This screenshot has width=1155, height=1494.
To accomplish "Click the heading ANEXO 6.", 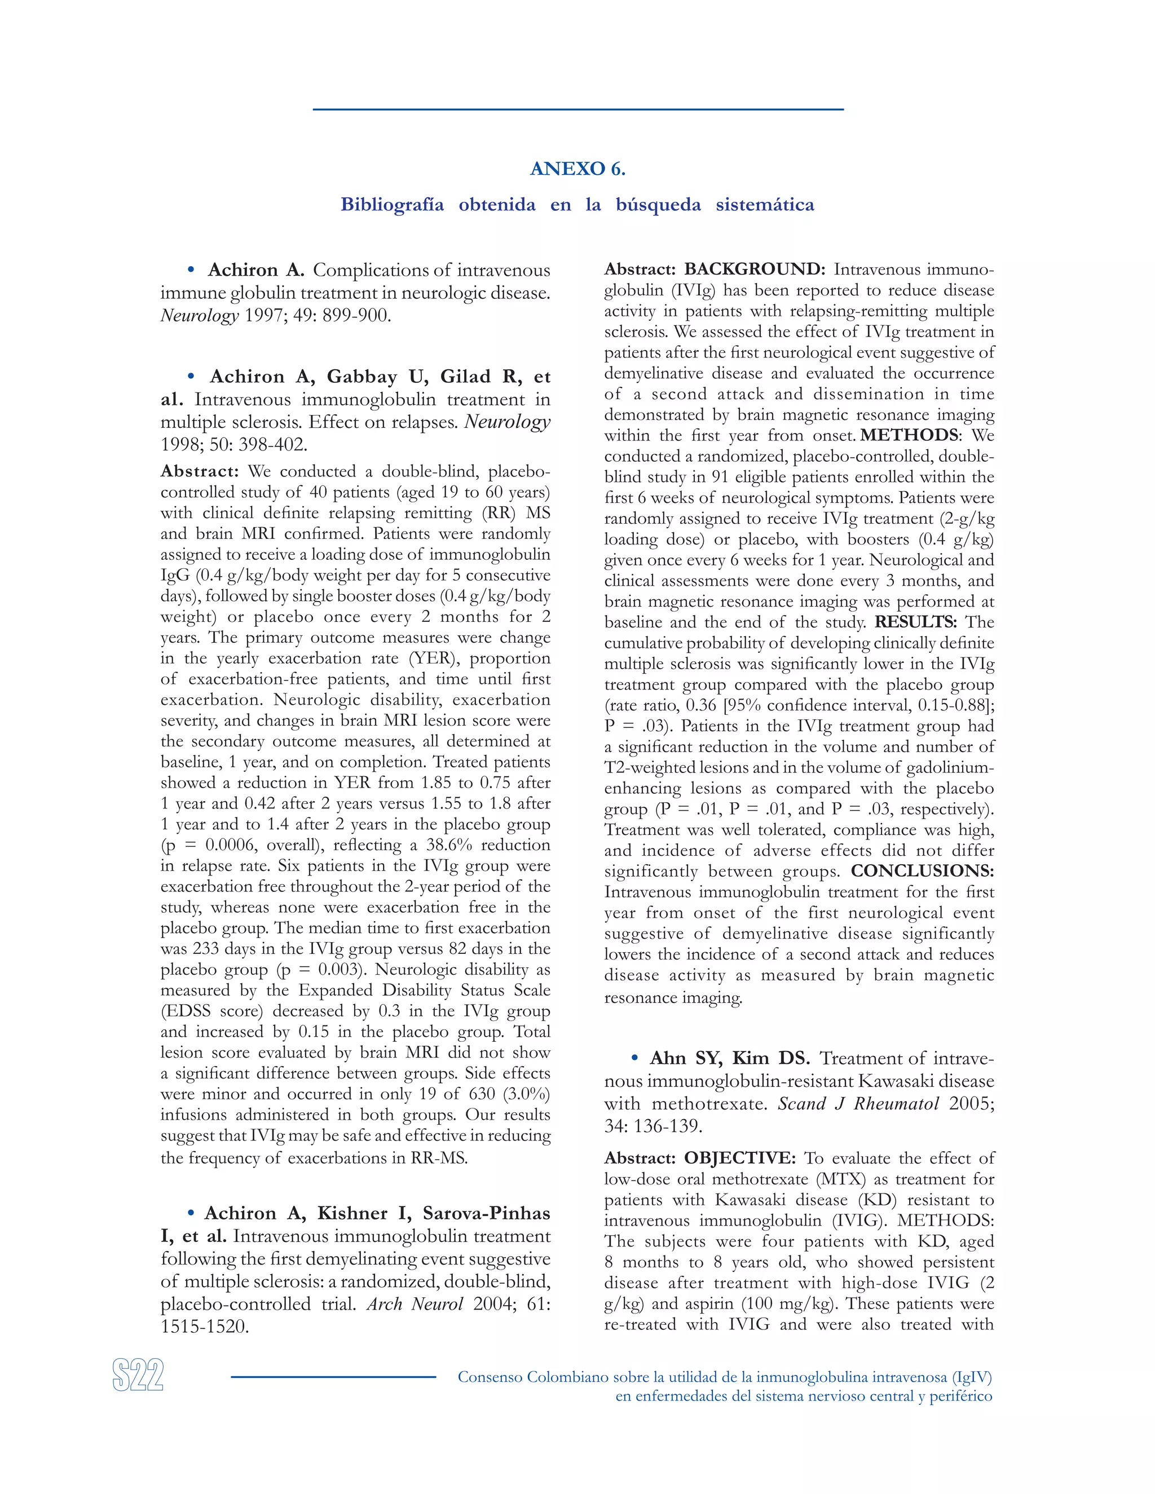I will click(577, 169).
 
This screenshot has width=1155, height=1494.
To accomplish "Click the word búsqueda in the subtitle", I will click(658, 205).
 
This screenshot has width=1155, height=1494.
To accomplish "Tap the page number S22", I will click(138, 1375).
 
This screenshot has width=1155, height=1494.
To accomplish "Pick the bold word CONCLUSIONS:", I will click(922, 871).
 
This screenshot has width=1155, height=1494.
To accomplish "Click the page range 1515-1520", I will click(205, 1327).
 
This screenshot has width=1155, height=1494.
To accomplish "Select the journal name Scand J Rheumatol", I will click(858, 1103).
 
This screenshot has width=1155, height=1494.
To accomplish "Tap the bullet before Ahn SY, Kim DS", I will click(635, 1058).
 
